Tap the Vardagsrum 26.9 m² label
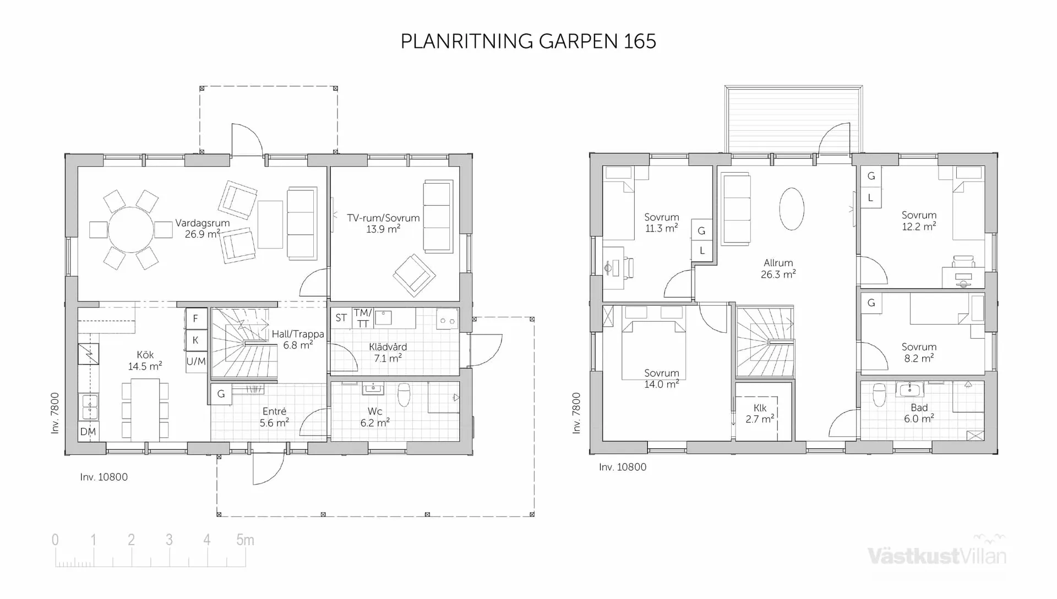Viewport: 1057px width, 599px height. coord(202,228)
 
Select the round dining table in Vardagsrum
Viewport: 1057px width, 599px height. coord(131,229)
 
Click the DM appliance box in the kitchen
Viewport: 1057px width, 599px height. coord(88,432)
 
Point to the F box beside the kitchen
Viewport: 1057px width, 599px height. coord(195,318)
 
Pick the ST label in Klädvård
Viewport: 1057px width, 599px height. coord(341,318)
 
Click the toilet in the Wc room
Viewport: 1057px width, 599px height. coord(404,394)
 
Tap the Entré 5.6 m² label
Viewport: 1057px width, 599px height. coord(274,417)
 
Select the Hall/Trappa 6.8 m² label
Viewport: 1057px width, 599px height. coord(298,339)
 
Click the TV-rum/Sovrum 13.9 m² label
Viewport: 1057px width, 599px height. coord(383,223)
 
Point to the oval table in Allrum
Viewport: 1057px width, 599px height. coord(792,208)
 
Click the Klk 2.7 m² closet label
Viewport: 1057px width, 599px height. coord(760,413)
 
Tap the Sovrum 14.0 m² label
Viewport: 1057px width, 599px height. coord(661,378)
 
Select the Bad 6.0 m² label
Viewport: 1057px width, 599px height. coord(919,413)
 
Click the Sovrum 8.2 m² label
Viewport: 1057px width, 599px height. coord(919,352)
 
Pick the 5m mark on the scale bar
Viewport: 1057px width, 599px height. coord(245,540)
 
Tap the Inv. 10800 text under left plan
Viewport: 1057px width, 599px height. coord(103,477)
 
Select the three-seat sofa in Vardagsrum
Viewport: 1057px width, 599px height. coord(302,223)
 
